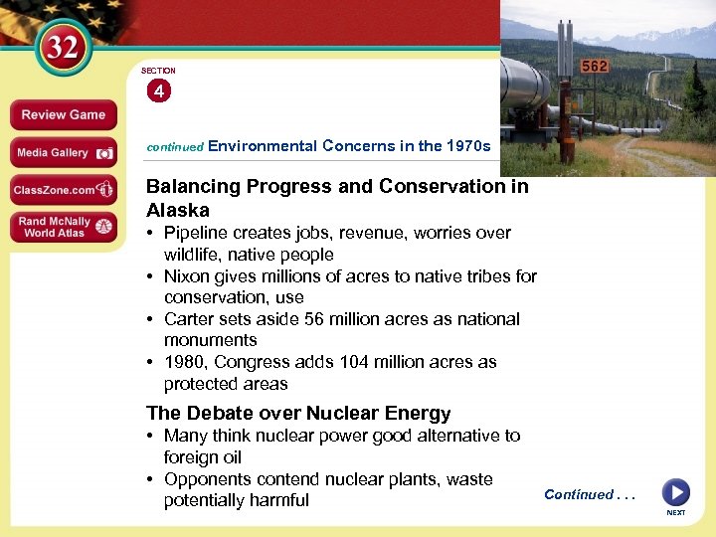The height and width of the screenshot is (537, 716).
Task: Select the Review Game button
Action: (63, 115)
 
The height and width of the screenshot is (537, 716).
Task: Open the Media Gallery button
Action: (63, 153)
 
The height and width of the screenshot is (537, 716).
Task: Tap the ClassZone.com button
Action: (63, 189)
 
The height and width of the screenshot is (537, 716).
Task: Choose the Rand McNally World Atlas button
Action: (63, 227)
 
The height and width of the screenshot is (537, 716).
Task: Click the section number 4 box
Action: (158, 91)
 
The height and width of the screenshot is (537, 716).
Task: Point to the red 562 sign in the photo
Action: (596, 66)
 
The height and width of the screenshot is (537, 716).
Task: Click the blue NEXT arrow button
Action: (675, 492)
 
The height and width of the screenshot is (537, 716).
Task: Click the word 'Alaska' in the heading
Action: (178, 210)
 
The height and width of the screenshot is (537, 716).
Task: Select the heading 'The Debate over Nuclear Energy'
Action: (298, 413)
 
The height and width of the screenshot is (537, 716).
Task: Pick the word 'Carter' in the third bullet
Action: (188, 319)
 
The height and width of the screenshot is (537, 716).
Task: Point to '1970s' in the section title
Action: (468, 146)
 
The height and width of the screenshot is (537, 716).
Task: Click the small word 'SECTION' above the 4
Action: (158, 71)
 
